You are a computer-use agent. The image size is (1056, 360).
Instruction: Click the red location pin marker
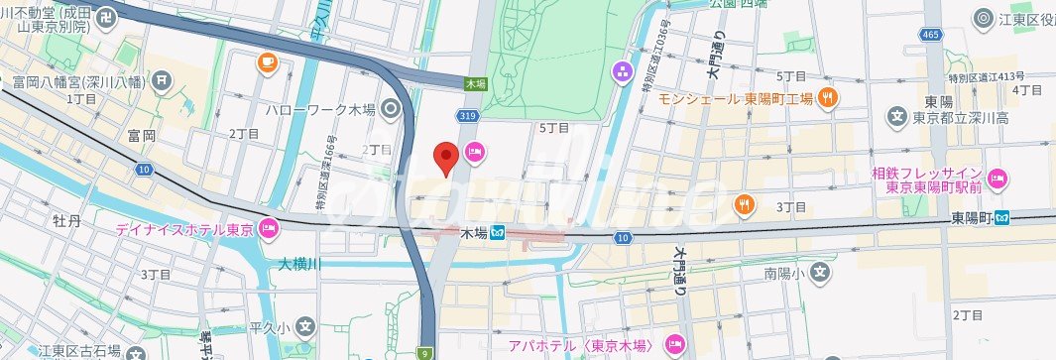(x=446, y=158)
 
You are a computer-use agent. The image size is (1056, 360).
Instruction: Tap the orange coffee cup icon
(x=267, y=63)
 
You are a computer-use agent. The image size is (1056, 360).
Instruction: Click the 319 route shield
(x=469, y=116)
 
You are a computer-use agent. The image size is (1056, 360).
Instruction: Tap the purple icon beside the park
(x=622, y=70)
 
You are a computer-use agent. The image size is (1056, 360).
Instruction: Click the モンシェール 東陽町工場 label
(x=736, y=98)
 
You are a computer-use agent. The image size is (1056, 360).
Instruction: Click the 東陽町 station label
(x=972, y=217)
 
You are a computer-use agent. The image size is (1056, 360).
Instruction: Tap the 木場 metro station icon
(x=498, y=233)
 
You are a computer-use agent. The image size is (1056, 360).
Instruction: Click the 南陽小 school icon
(x=820, y=270)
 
